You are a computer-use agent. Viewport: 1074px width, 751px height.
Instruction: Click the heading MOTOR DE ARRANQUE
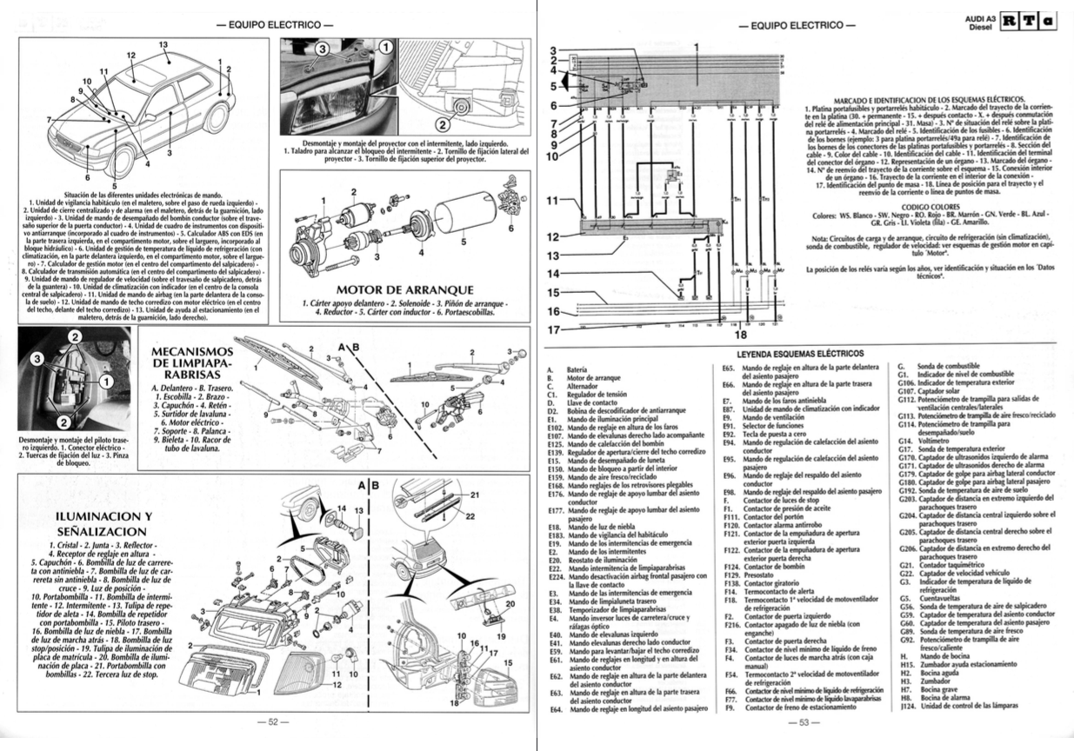404,289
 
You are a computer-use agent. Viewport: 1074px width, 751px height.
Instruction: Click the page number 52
271,721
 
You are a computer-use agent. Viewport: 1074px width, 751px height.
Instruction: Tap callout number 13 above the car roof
163,44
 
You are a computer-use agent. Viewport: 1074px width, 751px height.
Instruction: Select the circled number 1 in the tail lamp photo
105,382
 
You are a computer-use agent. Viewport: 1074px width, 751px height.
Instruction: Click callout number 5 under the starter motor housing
464,243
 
